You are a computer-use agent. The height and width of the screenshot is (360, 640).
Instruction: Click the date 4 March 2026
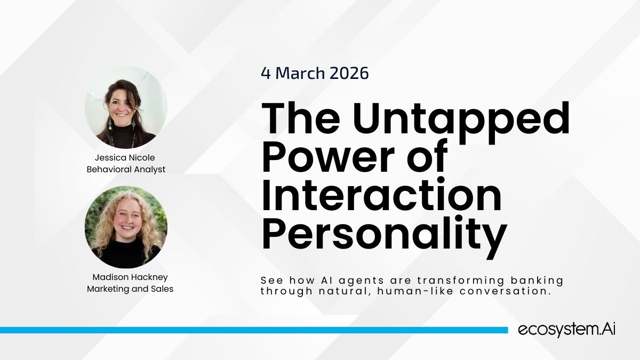[x=315, y=73]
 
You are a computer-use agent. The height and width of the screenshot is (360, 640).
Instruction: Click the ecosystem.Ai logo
[x=566, y=330]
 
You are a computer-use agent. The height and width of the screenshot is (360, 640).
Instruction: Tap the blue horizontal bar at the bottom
[x=254, y=330]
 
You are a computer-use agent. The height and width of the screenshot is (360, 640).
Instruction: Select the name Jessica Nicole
[x=125, y=157]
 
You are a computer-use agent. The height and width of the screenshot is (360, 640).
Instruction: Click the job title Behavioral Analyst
[x=126, y=170]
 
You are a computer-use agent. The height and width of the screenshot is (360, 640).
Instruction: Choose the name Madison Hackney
[x=130, y=277]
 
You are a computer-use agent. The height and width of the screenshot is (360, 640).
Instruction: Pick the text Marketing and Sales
[x=130, y=289]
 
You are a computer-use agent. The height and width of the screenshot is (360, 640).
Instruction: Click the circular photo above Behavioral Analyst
[x=126, y=107]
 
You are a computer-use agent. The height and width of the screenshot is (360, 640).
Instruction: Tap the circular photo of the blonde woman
[x=126, y=227]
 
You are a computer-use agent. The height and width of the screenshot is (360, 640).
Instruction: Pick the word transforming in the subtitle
[x=461, y=281]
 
